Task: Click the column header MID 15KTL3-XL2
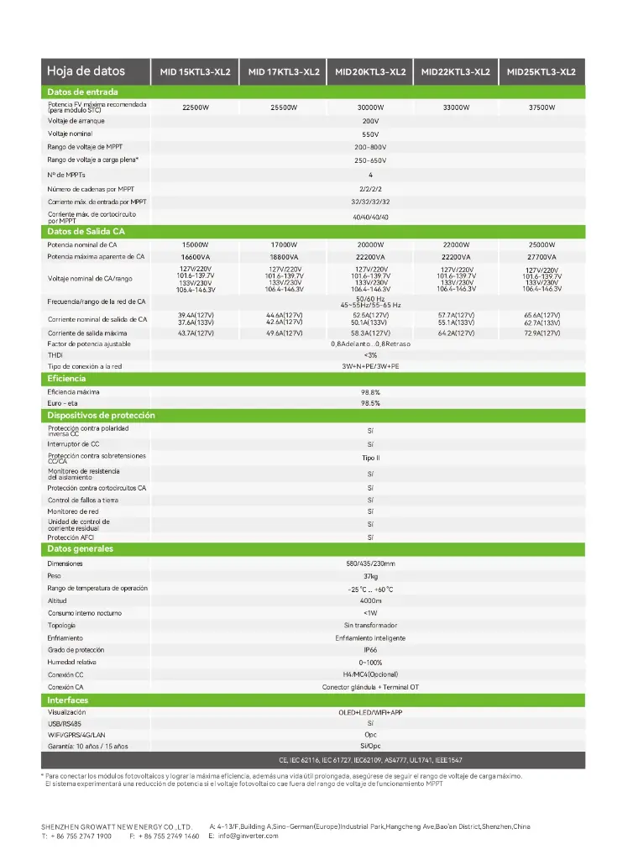[x=195, y=72]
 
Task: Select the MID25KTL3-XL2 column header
[x=541, y=72]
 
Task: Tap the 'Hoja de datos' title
[x=86, y=71]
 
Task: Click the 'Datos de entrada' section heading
[x=82, y=92]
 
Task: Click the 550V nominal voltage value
[x=370, y=134]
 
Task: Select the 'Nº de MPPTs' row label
[x=67, y=175]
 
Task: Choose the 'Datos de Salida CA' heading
[x=86, y=231]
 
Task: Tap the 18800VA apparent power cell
[x=284, y=257]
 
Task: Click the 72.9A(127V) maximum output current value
[x=542, y=333]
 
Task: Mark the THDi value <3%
[x=370, y=355]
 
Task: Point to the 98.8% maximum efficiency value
[x=370, y=392]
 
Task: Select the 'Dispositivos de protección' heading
[x=101, y=416]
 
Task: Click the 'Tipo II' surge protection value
[x=370, y=459]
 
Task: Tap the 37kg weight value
[x=370, y=577]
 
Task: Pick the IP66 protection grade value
[x=370, y=650]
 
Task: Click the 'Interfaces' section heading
[x=67, y=700]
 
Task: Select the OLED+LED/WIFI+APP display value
[x=370, y=712]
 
